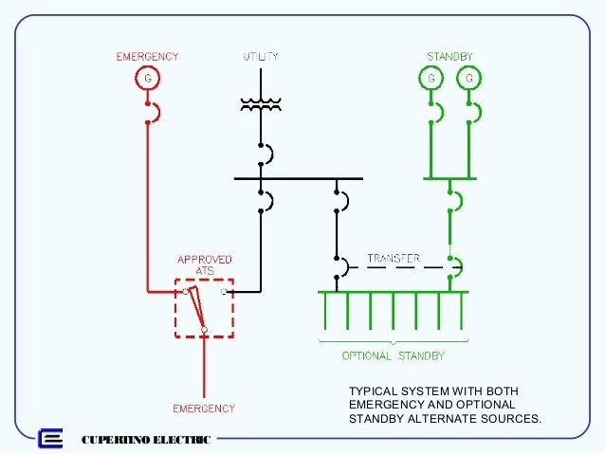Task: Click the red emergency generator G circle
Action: (147, 77)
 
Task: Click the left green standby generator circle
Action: (433, 77)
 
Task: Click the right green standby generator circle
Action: (467, 77)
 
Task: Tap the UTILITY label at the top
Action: (260, 57)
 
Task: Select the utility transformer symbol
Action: (260, 104)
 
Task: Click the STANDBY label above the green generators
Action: (449, 57)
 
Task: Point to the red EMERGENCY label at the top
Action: (147, 57)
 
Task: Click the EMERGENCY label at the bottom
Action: (203, 409)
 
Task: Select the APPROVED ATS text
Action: (205, 264)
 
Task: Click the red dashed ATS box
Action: (204, 307)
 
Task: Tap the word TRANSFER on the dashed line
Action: (394, 258)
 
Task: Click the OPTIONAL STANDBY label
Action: (393, 356)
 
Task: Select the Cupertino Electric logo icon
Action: (49, 439)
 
